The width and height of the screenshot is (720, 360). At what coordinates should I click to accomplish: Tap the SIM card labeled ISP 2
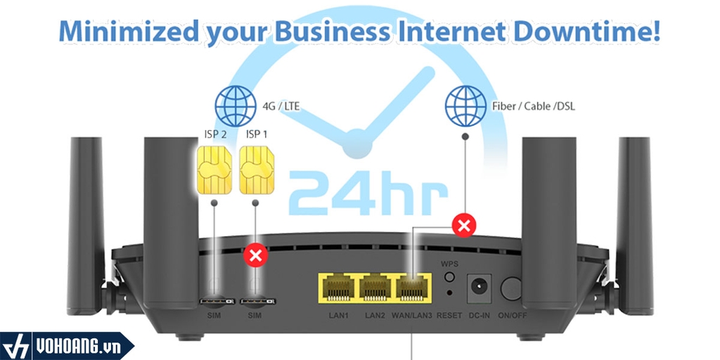point(214,171)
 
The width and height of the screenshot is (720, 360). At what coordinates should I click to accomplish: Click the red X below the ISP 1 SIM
point(254,255)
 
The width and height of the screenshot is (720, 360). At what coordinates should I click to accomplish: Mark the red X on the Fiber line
point(463,226)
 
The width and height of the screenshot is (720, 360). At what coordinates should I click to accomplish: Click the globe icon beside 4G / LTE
point(235,106)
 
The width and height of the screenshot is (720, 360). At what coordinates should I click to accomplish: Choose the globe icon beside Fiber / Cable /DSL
point(463,106)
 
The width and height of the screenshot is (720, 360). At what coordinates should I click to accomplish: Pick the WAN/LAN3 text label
point(411,316)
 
